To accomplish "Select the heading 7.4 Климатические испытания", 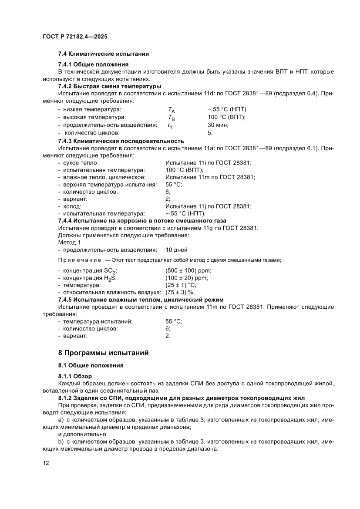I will pos(104,54).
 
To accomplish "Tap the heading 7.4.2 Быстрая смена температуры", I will pos(109,86).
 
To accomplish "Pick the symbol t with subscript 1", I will pos(170,125).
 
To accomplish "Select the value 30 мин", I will pos(218,125).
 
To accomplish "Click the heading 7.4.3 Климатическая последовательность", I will pos(121,141).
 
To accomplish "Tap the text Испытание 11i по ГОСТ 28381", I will pos(209,162).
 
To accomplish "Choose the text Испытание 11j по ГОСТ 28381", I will pos(209,206).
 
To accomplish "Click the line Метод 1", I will pos(69,243).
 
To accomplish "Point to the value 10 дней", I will pos(176,250).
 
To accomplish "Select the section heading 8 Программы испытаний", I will pos(104,353).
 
